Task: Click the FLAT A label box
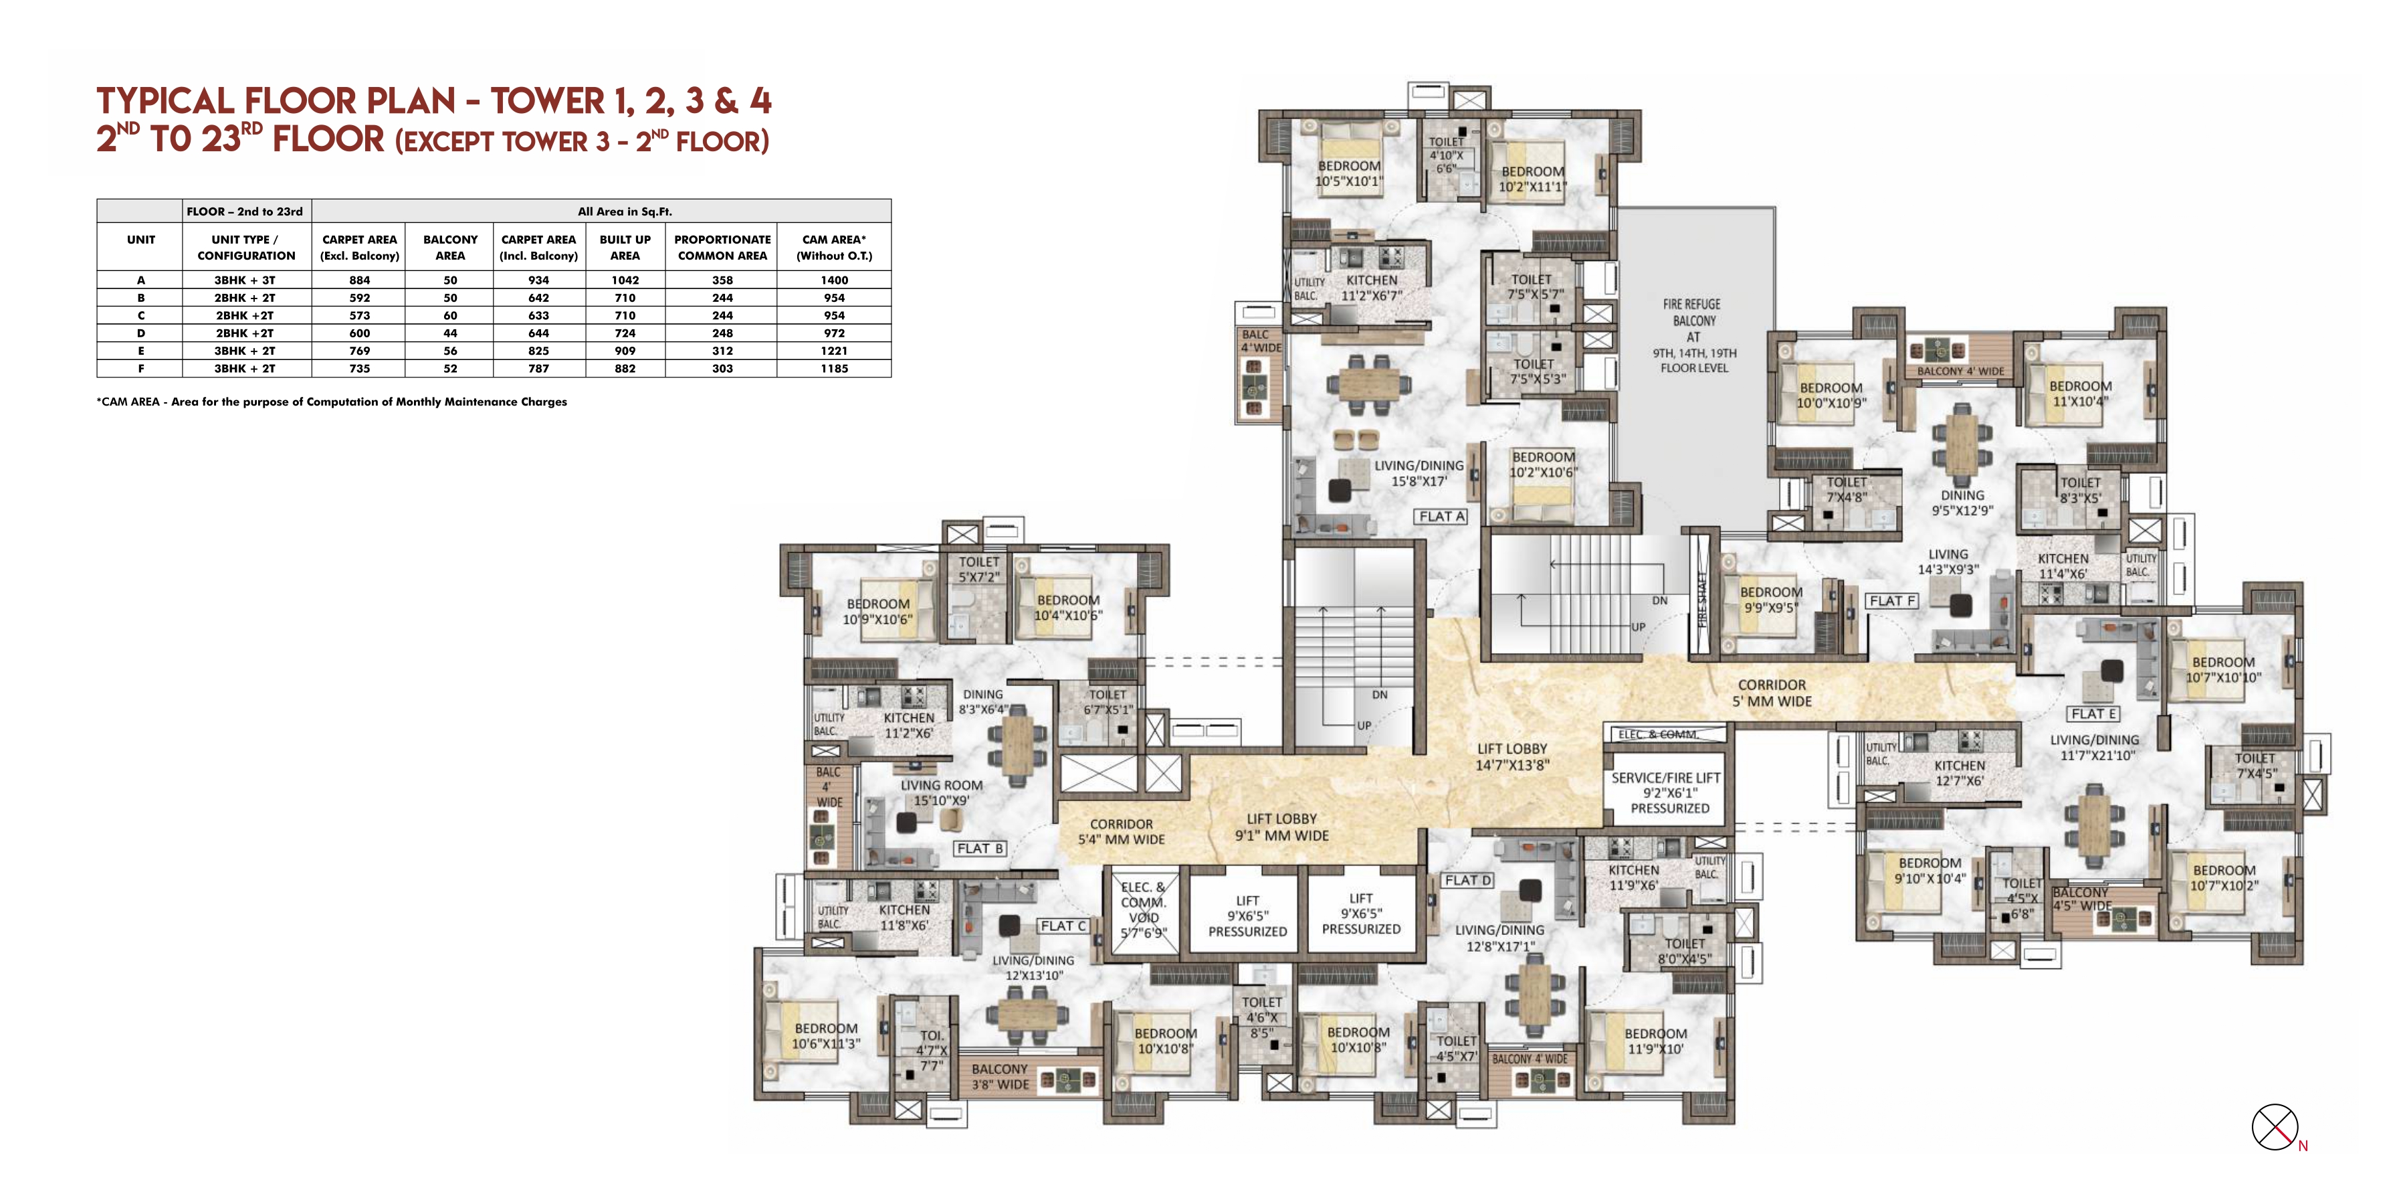pos(1441,517)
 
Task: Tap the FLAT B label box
pos(979,848)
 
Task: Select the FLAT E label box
pos(2093,713)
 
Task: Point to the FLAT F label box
pos(1891,600)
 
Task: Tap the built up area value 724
pos(625,333)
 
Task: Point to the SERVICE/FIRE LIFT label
pos(1665,793)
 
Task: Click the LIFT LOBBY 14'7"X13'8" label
pos(1511,756)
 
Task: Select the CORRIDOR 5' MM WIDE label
pos(1771,693)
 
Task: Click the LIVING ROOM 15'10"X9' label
pos(941,793)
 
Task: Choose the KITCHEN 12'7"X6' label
pos(1959,773)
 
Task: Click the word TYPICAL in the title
pos(165,101)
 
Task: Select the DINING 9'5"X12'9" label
pos(1962,503)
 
